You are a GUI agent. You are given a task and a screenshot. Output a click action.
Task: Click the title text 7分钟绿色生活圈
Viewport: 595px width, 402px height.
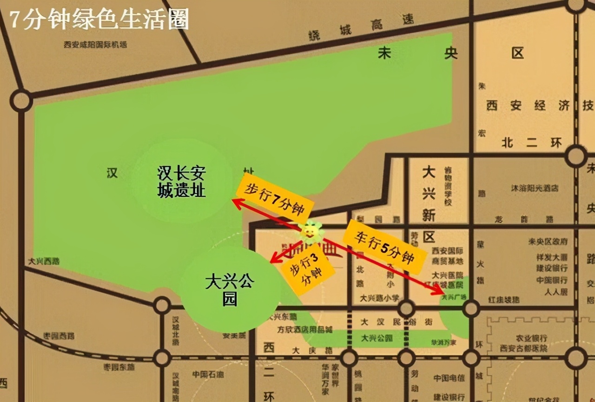click(x=99, y=20)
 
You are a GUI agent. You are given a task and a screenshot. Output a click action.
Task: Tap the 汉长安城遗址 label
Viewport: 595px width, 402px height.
click(x=181, y=183)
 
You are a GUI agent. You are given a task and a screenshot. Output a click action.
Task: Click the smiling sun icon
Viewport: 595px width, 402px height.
click(x=311, y=231)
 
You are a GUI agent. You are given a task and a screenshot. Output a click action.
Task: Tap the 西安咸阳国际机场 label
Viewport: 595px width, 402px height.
click(x=95, y=45)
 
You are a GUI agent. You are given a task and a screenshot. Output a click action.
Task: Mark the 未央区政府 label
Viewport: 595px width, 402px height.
click(x=548, y=241)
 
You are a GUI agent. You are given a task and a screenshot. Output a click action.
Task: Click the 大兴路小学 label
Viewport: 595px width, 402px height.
click(x=379, y=298)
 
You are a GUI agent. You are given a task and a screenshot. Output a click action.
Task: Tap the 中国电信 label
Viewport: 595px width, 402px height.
click(x=449, y=378)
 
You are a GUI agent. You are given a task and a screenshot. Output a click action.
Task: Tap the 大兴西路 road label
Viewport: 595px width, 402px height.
click(x=44, y=261)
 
